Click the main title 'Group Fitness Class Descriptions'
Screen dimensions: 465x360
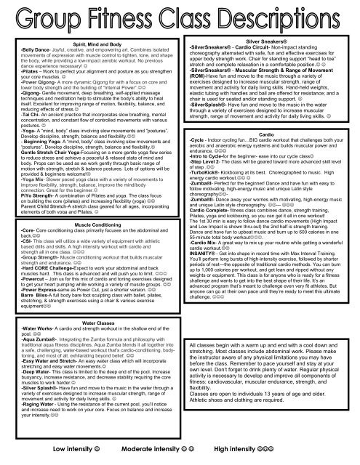(x=180, y=16)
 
